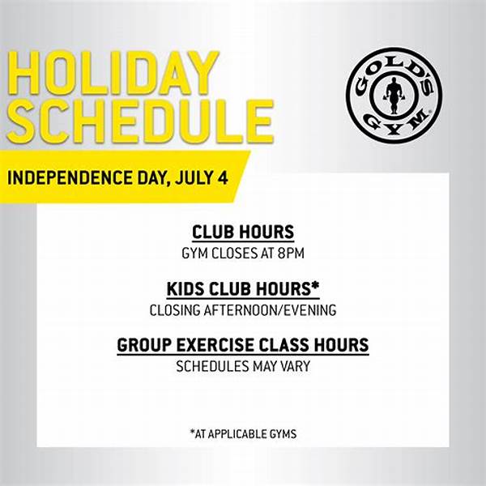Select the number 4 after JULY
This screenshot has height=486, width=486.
(x=221, y=177)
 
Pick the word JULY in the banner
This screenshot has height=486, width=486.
(x=190, y=177)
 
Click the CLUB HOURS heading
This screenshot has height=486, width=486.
(x=243, y=232)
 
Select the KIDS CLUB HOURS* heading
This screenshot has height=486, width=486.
(x=243, y=289)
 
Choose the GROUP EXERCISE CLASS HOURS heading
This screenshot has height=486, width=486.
(x=243, y=345)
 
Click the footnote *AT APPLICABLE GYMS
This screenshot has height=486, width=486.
(x=243, y=434)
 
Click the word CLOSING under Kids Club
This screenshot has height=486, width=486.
(x=174, y=309)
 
